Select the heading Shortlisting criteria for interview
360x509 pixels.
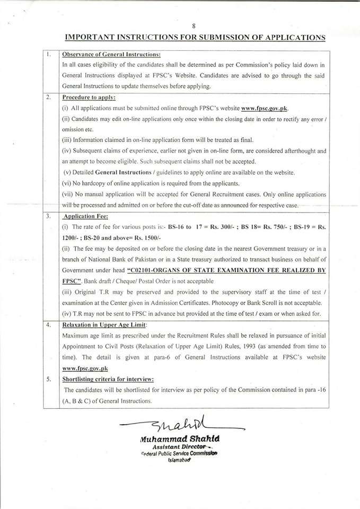(108, 379)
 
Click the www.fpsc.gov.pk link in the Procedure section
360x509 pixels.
(267, 109)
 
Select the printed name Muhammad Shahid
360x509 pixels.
(179, 439)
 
